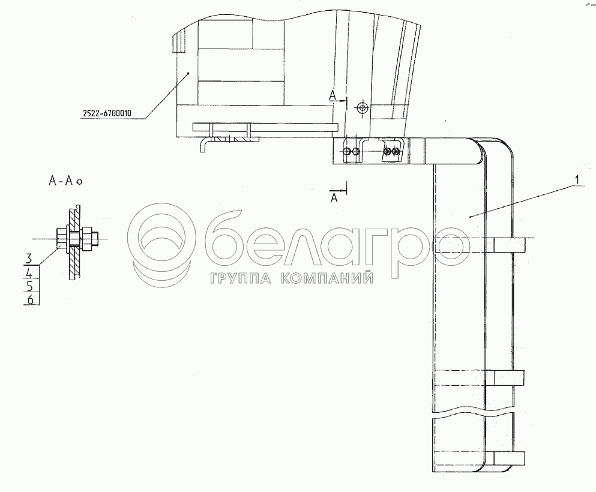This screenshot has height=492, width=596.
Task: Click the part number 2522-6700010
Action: coord(107,113)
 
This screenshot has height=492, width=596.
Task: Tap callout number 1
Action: coord(577,179)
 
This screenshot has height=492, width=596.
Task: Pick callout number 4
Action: coord(29,273)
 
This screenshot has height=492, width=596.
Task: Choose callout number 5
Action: coord(30,286)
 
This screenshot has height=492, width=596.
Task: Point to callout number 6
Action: coord(30,299)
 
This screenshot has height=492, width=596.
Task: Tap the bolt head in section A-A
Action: coord(61,239)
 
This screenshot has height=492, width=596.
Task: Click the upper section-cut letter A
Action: coord(333,97)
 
